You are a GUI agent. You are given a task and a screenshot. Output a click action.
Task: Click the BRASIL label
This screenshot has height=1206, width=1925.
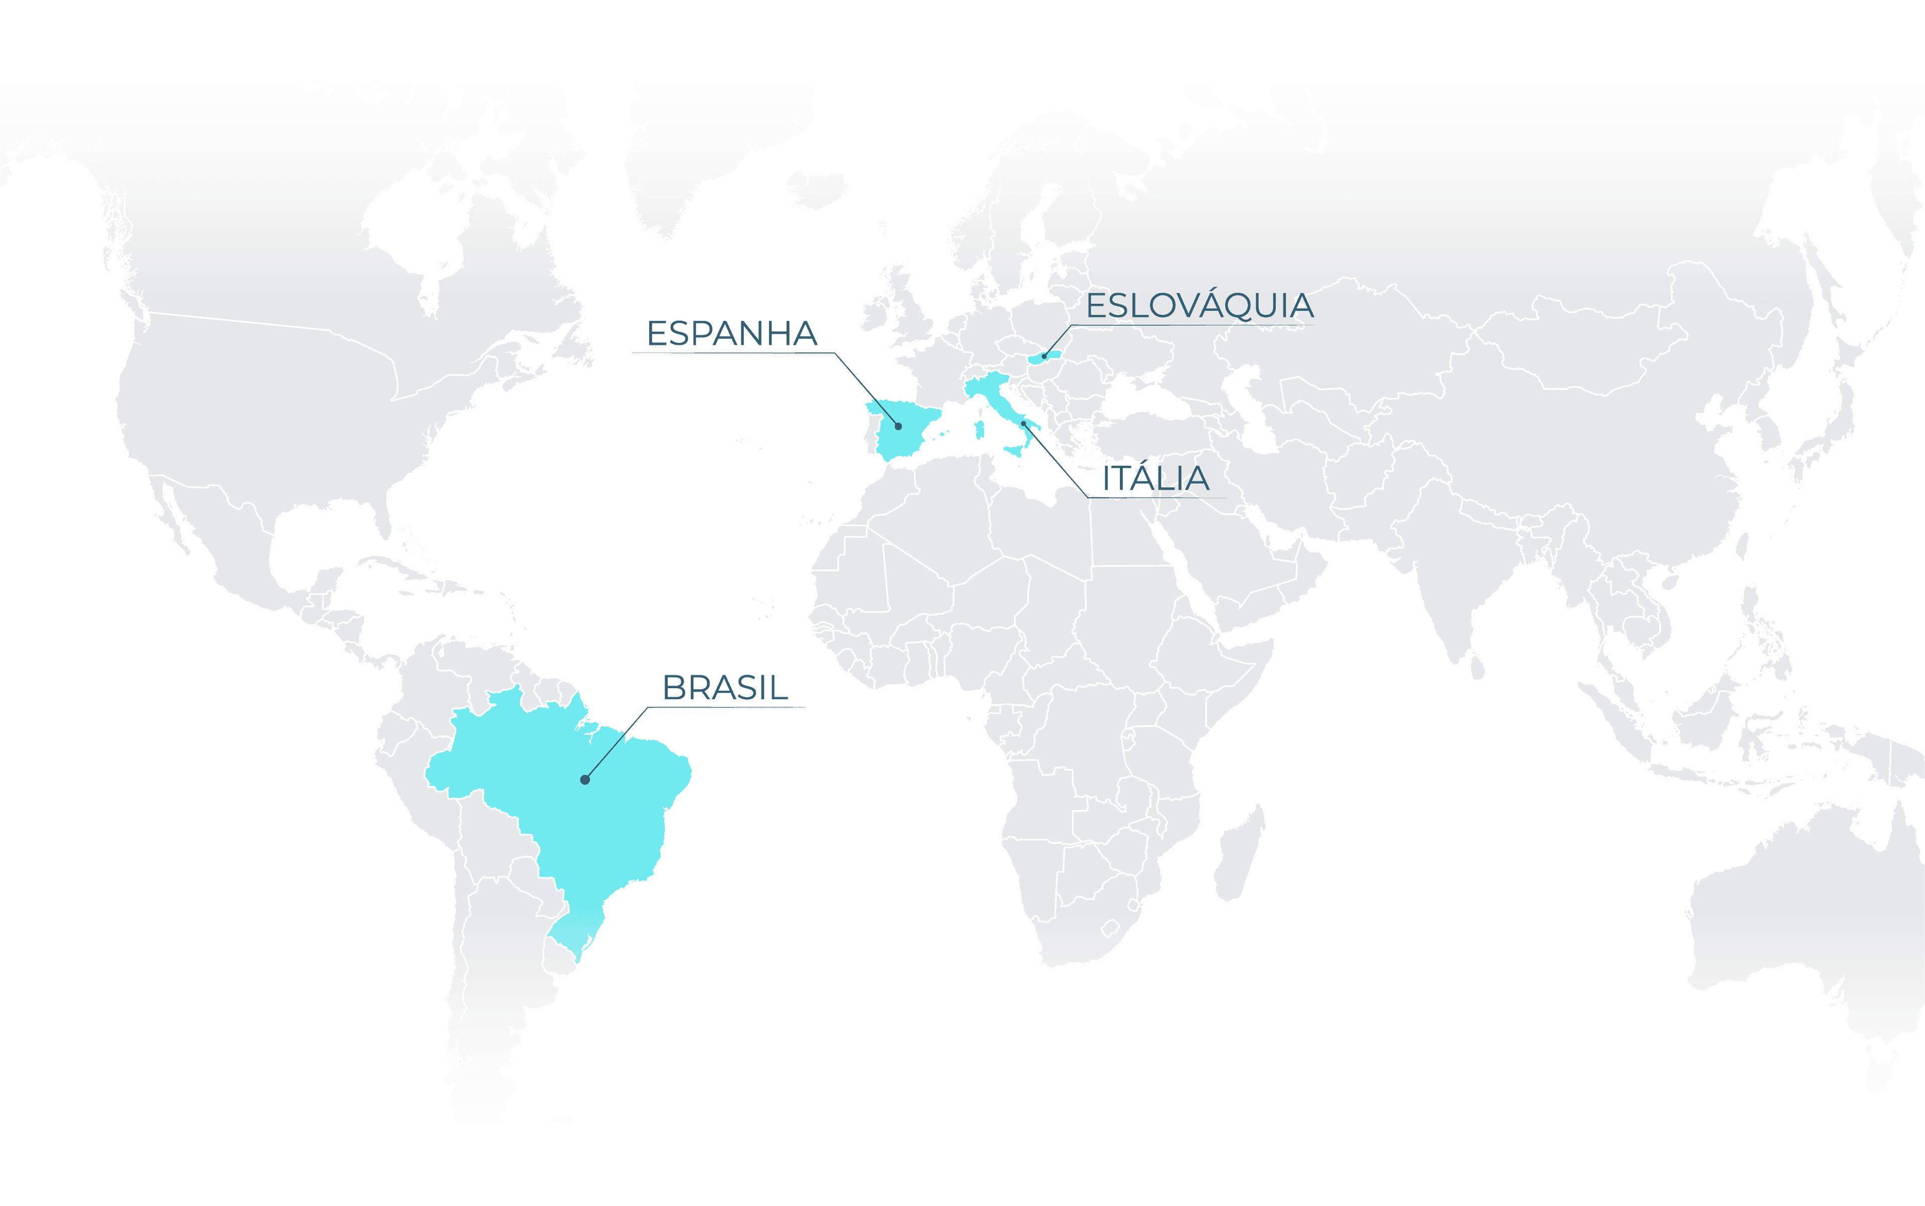pos(724,688)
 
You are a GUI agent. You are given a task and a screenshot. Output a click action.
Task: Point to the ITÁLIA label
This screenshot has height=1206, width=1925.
pos(1155,479)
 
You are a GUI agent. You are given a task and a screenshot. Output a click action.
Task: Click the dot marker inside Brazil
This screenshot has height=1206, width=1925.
pos(585,779)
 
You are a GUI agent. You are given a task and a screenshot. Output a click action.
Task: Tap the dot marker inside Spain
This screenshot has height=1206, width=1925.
pos(898,427)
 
